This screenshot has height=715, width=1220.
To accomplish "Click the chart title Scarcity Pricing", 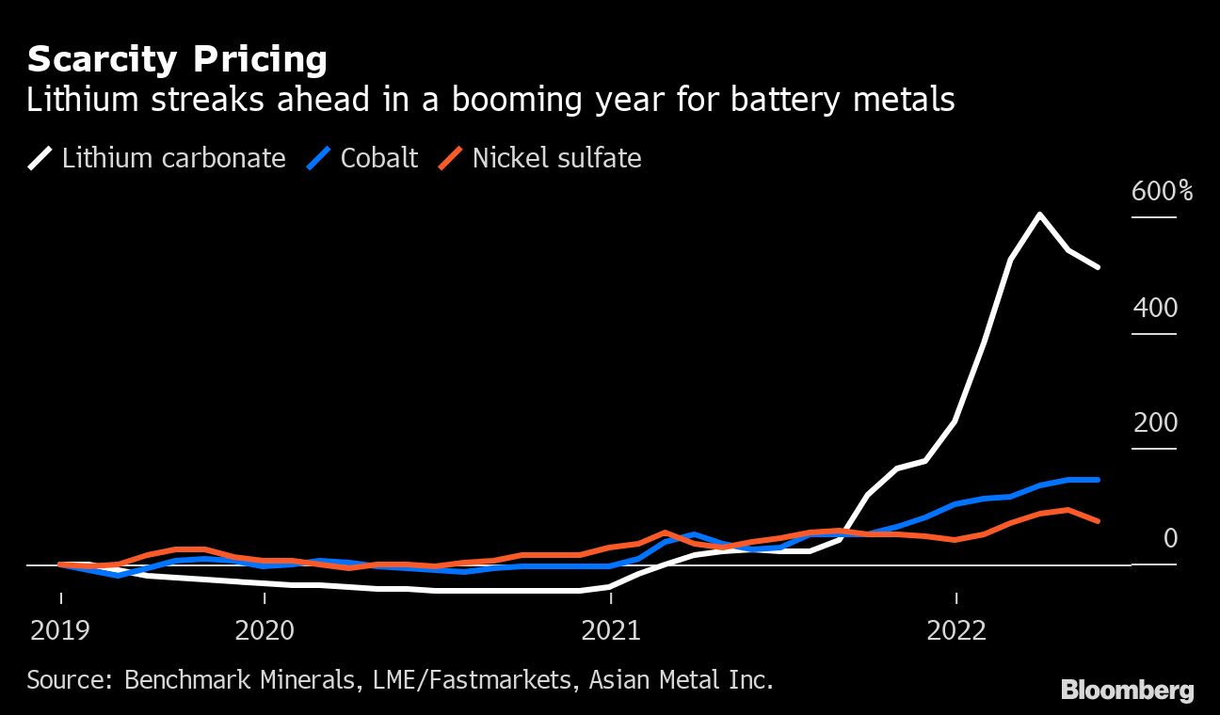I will coord(177,60).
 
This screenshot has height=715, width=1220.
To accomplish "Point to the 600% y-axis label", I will coord(1163,192).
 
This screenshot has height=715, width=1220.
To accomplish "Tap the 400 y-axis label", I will coord(1156,308).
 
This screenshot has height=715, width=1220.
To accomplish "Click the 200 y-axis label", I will coord(1156,423).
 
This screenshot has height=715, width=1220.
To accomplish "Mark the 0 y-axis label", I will coord(1170,538).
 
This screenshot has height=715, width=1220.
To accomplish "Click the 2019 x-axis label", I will coord(61,629).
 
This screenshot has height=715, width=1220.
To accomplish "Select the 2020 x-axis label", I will coord(265,629).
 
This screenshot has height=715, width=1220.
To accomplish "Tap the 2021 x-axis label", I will coord(610,629).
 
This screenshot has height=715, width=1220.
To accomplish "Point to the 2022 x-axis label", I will coord(955,629).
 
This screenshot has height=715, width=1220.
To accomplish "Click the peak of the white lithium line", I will coord(1038,214).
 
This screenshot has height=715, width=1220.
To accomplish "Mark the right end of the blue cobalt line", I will coord(1099,480).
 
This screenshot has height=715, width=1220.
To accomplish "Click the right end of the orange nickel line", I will coord(1099,520).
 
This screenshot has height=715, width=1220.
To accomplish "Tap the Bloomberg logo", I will coord(1127,691).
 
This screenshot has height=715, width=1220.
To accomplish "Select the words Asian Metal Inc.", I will coord(681,679).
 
